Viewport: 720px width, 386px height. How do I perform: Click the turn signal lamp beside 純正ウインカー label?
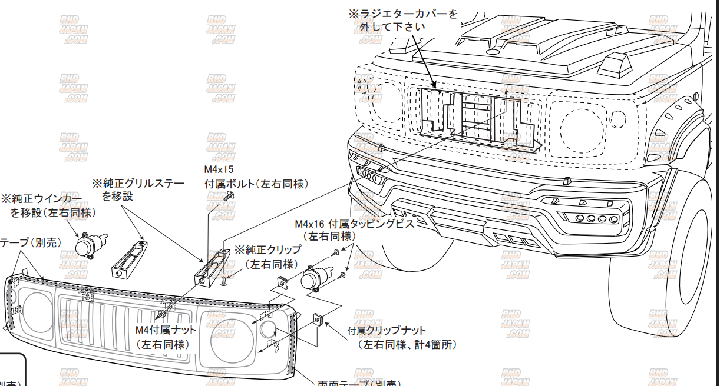click(90, 244)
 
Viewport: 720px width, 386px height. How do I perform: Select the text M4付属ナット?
click(166, 331)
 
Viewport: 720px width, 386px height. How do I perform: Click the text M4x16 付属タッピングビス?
click(355, 224)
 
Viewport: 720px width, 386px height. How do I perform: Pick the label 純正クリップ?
click(267, 250)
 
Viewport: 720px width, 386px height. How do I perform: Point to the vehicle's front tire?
click(660, 265)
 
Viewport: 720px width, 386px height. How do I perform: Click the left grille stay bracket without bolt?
click(128, 259)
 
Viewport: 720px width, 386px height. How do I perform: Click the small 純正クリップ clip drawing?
click(224, 282)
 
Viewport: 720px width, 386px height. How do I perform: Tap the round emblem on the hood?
click(493, 52)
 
